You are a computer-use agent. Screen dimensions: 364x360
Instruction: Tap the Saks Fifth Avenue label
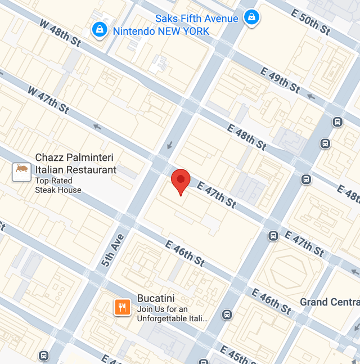(197, 19)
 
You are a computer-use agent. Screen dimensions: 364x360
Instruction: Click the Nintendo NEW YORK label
(161, 31)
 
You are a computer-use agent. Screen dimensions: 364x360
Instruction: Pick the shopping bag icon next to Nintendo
(100, 29)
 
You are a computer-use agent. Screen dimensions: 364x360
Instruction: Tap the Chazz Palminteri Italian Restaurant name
(75, 164)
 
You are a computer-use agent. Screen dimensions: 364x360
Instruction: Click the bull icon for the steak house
(21, 172)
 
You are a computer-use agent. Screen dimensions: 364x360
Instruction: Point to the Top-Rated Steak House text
(58, 186)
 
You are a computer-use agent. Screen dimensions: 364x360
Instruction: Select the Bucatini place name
(156, 298)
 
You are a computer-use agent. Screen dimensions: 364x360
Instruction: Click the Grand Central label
(329, 302)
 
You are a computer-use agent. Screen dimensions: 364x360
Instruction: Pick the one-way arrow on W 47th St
(97, 127)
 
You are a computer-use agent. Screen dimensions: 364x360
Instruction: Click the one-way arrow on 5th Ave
(169, 146)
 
